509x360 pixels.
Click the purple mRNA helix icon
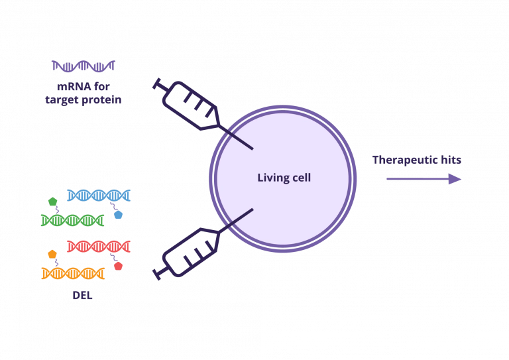pos(84,66)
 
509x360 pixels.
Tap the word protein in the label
pos(104,99)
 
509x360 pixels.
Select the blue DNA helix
pos(99,196)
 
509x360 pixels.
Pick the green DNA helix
pos(72,220)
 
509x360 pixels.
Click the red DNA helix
pos(99,247)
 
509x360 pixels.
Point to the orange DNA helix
pos(73,273)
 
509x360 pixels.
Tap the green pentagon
pos(52,202)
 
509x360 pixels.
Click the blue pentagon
pos(118,214)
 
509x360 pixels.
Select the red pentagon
pos(118,266)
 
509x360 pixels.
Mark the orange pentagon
pos(52,254)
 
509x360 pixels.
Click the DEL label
pos(82,296)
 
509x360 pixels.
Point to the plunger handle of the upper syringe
pos(157,84)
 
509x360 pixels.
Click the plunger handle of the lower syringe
pos(157,274)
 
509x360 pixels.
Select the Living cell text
pos(284,178)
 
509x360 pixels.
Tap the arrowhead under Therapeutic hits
pos(455,179)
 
